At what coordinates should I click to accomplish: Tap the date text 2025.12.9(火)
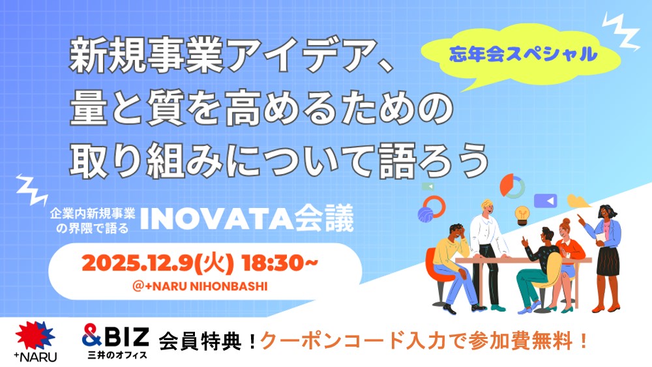tap(158, 263)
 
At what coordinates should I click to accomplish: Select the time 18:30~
tap(280, 263)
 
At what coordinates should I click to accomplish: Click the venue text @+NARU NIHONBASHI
tap(200, 286)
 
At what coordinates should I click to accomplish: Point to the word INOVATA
tap(217, 218)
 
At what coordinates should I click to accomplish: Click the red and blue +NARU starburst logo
tap(35, 336)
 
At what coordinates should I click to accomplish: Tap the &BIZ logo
tap(115, 336)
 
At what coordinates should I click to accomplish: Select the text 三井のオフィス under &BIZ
tap(117, 355)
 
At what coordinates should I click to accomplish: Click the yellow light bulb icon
tap(522, 214)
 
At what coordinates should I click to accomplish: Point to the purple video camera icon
tap(545, 201)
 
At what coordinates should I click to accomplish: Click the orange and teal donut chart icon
tap(512, 186)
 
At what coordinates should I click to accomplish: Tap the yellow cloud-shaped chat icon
tap(577, 201)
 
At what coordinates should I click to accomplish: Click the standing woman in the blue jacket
tap(604, 258)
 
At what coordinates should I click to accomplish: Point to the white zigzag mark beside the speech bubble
tap(621, 31)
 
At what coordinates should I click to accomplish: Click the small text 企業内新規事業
tap(93, 214)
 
